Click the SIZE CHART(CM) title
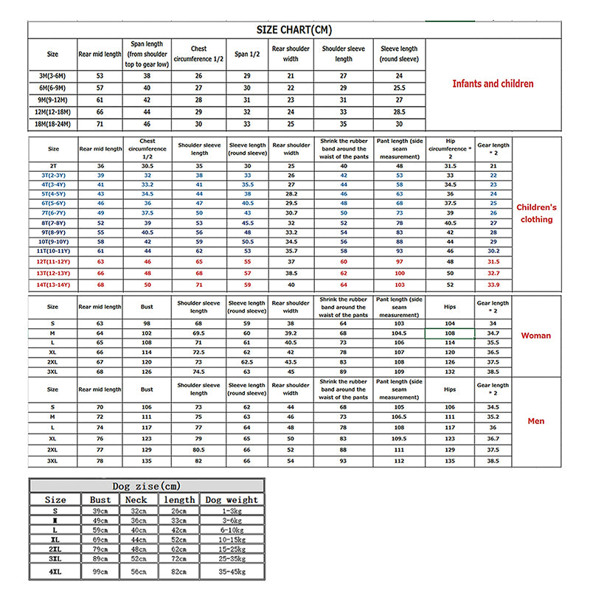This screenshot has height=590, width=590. click(294, 29)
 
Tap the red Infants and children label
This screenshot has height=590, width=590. click(493, 84)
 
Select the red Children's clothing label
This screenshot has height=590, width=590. click(536, 213)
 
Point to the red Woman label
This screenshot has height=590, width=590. click(535, 336)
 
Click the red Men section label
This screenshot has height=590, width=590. click(536, 421)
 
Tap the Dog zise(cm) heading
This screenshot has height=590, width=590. click(146, 486)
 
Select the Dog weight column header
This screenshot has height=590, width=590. click(232, 499)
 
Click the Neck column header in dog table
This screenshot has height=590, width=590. click(136, 499)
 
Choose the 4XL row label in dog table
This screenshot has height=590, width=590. click(55, 572)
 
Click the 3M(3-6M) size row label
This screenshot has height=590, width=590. click(52, 75)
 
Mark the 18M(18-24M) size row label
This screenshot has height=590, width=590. click(52, 125)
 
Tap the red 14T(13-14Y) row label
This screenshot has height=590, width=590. click(52, 285)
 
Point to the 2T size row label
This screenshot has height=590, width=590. click(52, 167)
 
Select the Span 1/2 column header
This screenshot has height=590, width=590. click(246, 54)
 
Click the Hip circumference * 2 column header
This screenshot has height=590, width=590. click(450, 148)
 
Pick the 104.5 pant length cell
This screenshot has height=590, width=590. click(399, 334)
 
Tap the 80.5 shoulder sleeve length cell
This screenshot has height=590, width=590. click(199, 449)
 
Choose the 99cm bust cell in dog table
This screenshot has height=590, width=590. click(100, 572)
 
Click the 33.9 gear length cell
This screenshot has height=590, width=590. click(493, 285)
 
